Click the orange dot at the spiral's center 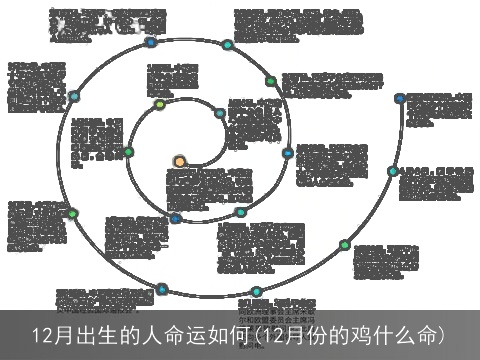[179, 161]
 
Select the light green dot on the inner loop [160, 105]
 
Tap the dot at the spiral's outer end [400, 99]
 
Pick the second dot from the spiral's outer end [394, 171]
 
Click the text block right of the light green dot [172, 80]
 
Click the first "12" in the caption [41, 334]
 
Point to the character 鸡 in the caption [361, 334]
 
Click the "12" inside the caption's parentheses [262, 334]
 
